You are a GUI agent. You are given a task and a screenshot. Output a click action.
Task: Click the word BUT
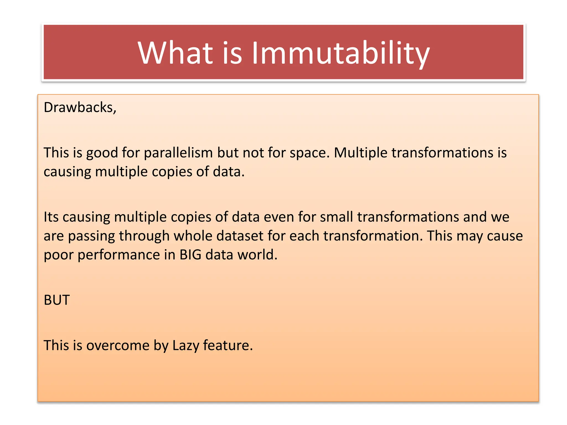pos(57,300)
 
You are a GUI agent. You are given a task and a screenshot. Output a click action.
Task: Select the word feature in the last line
pos(228,345)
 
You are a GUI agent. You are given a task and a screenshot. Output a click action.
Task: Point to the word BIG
pos(190,255)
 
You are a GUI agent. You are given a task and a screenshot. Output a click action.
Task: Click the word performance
pos(118,255)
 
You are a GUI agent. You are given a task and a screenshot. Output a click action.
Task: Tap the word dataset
pos(240,236)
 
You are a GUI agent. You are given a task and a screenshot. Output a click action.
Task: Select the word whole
pos(193,236)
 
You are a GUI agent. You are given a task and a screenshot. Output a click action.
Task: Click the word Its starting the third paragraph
pos(51,217)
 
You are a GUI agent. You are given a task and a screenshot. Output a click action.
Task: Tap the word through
pos(144,236)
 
